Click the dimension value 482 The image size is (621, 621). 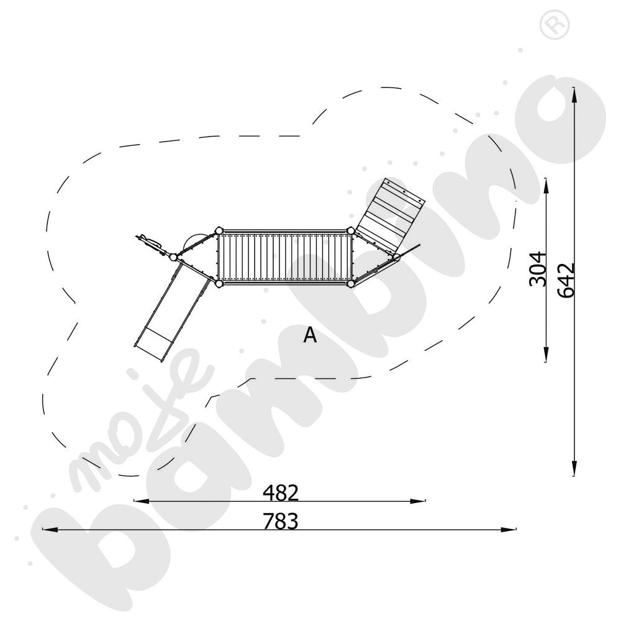(281, 492)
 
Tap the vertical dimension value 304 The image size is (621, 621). (538, 268)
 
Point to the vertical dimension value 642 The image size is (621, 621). (566, 280)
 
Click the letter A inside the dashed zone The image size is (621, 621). (310, 335)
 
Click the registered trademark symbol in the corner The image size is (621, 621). (555, 25)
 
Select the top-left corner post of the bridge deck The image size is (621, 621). (219, 230)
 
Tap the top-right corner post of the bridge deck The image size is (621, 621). (350, 230)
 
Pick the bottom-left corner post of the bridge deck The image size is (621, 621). (219, 284)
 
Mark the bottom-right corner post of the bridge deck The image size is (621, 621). (350, 284)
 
